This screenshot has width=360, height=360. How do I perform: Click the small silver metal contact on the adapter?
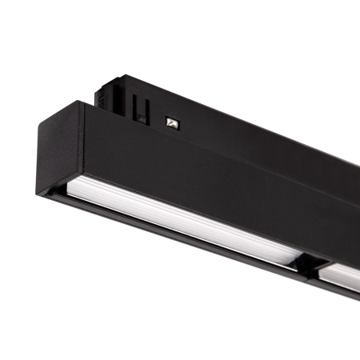point(170,122)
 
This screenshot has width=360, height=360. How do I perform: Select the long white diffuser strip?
point(176,227)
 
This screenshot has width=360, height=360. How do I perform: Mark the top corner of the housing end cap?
point(82,102)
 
